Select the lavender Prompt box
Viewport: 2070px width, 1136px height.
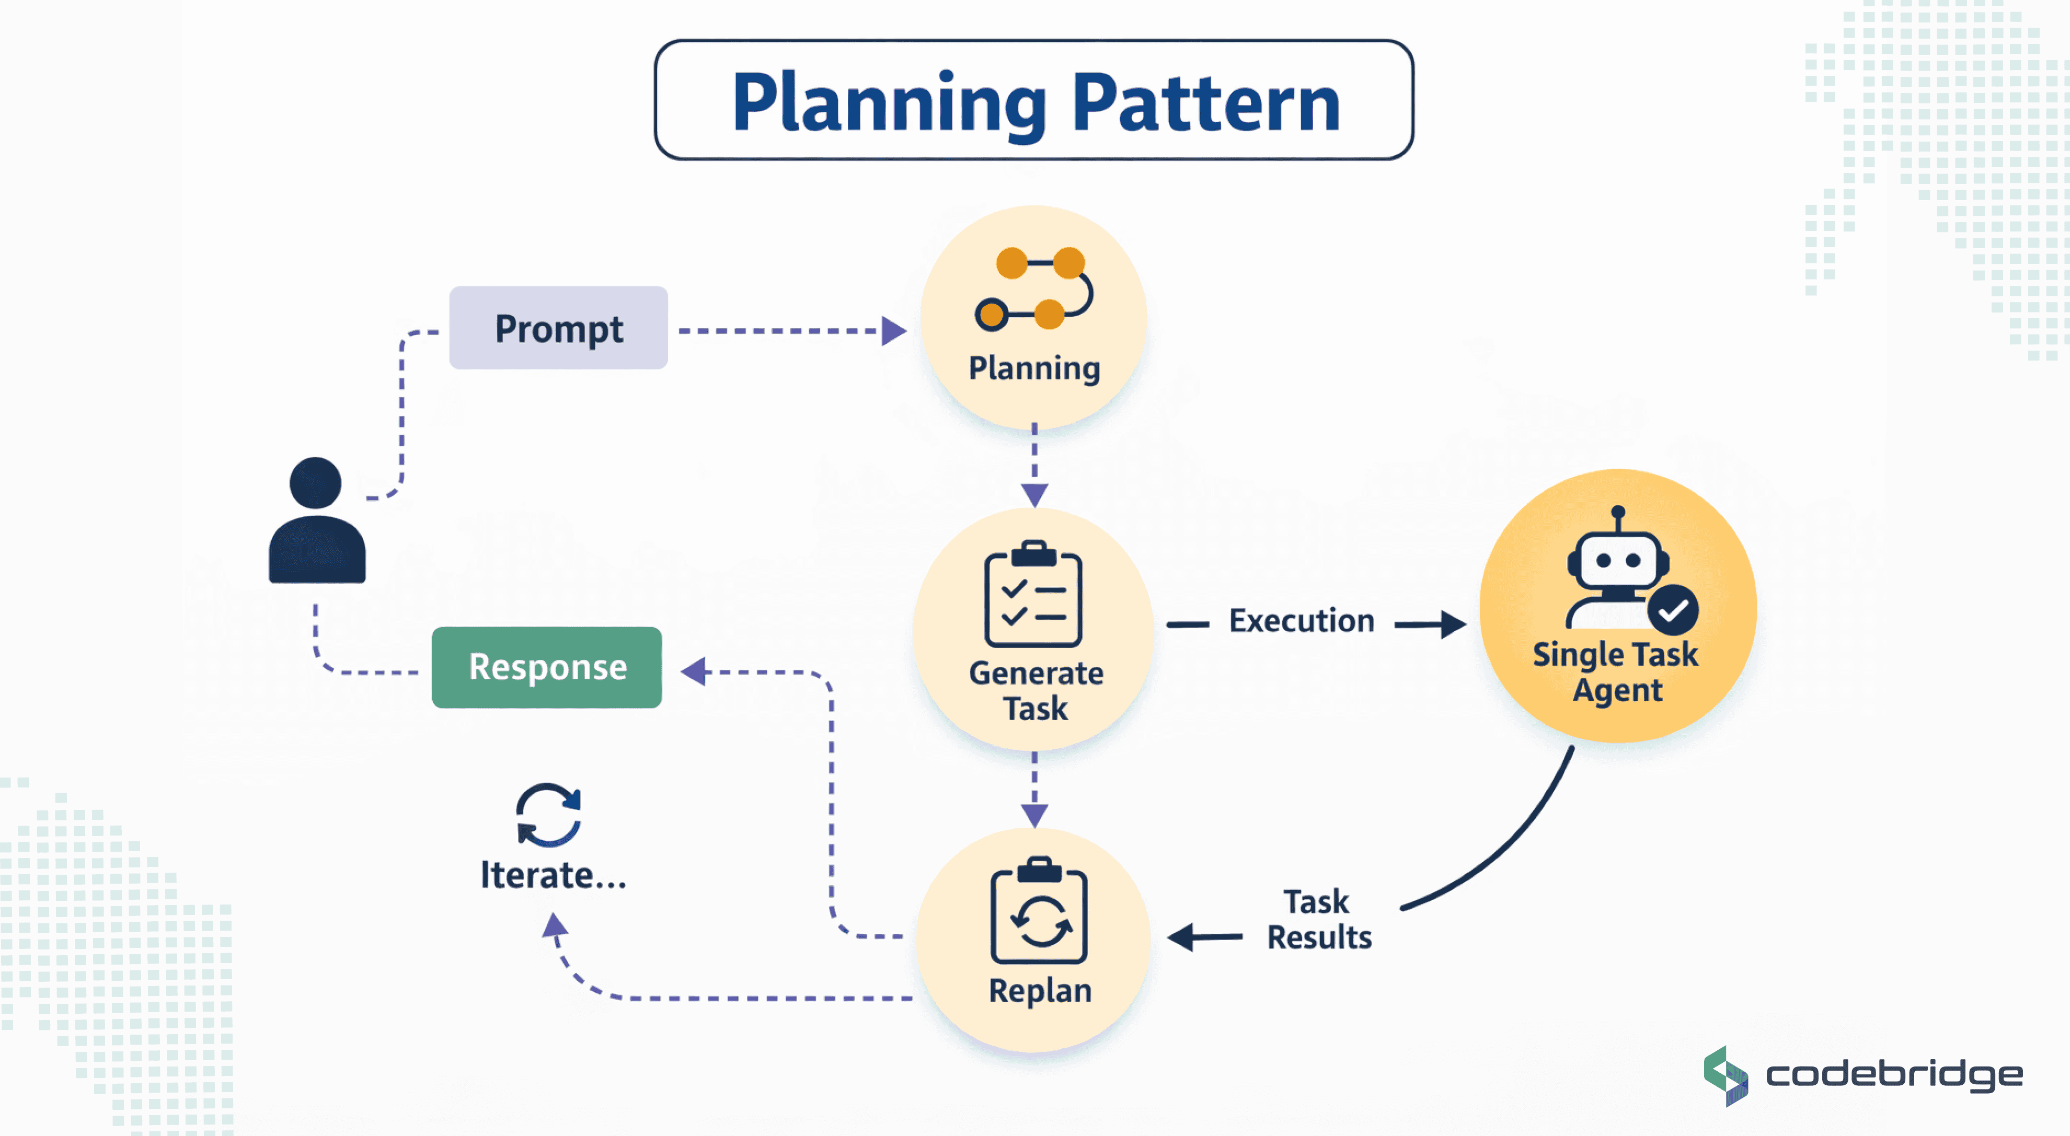(558, 328)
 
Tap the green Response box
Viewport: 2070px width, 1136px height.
(546, 667)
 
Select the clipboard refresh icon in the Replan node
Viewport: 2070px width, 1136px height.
(1039, 912)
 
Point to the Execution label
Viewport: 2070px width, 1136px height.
(1301, 621)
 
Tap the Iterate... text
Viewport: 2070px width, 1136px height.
(553, 875)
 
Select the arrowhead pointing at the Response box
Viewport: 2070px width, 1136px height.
(694, 671)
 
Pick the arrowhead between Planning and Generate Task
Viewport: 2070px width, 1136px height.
(1034, 494)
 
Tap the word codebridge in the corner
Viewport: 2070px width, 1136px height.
(1894, 1075)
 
